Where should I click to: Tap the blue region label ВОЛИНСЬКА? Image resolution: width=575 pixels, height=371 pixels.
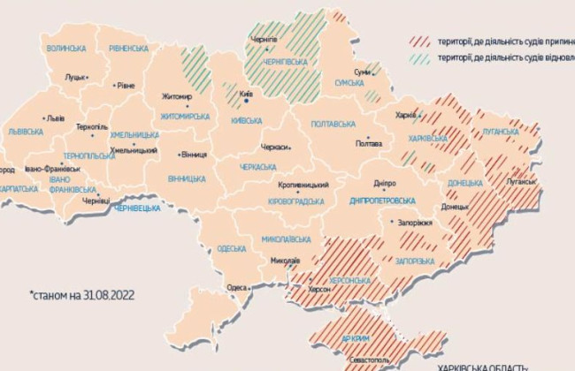click(66, 48)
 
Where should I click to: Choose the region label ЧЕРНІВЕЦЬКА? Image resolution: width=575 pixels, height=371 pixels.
click(137, 208)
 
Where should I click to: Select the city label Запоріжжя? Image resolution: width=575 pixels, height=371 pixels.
click(415, 223)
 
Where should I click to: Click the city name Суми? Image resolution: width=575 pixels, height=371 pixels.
click(361, 72)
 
